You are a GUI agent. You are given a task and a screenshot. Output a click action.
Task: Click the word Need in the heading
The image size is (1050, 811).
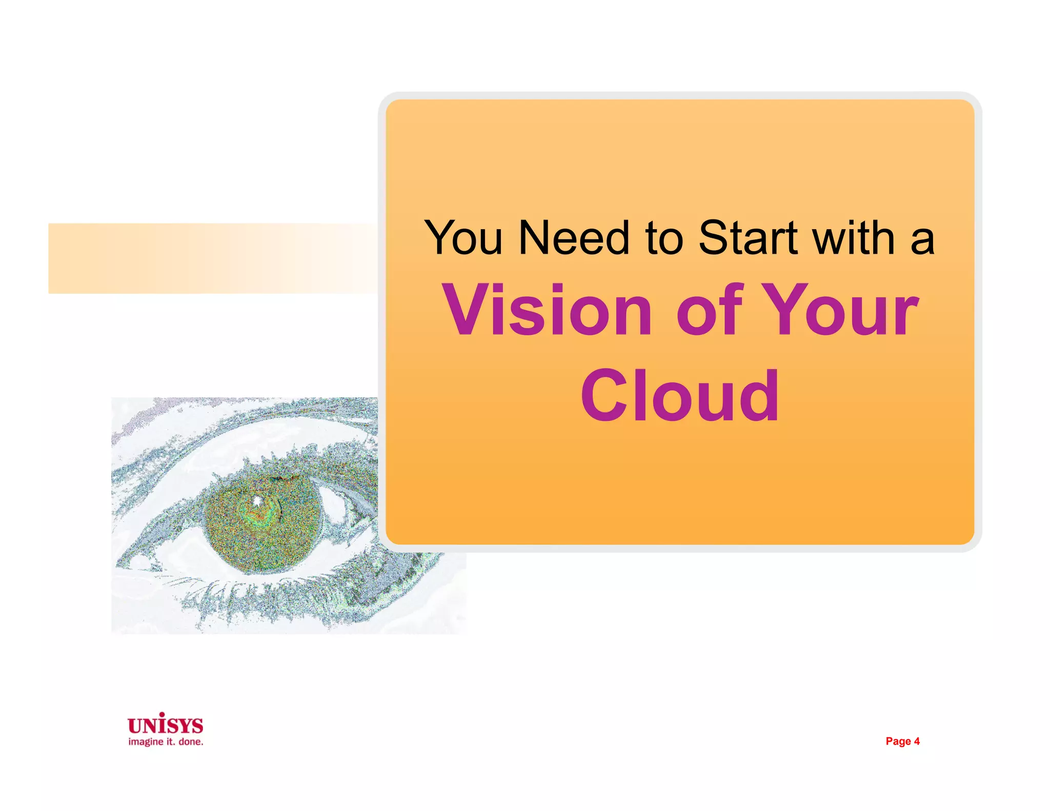click(x=573, y=238)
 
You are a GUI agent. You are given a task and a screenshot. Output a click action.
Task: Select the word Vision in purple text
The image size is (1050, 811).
click(x=547, y=311)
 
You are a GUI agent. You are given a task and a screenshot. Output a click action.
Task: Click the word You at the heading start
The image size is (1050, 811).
click(x=463, y=238)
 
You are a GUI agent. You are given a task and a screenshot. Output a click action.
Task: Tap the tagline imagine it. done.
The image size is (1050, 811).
click(x=166, y=742)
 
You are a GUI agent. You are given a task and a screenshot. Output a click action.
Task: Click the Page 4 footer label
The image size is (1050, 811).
click(x=902, y=741)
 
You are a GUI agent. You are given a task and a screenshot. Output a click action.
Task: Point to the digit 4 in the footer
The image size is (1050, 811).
click(x=917, y=741)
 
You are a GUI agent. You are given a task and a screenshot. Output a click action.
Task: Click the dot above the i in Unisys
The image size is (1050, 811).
click(x=162, y=714)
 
